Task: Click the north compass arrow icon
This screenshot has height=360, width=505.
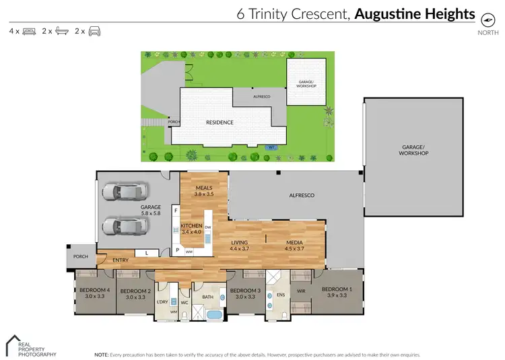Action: pos(483,19)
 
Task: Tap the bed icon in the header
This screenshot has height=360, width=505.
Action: pos(29,31)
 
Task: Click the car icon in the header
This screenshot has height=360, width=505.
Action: pos(94,31)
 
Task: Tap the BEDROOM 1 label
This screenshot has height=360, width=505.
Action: pos(337,291)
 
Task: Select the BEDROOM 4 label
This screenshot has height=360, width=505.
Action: pos(94,291)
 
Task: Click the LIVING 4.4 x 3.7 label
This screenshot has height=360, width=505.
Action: pos(240,245)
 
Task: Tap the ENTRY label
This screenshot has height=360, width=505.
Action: pos(121,259)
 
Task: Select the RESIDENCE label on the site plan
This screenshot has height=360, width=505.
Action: pos(220,122)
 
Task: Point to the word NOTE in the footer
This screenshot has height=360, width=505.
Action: pos(101,353)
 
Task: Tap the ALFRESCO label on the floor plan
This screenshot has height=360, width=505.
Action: pos(302,195)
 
